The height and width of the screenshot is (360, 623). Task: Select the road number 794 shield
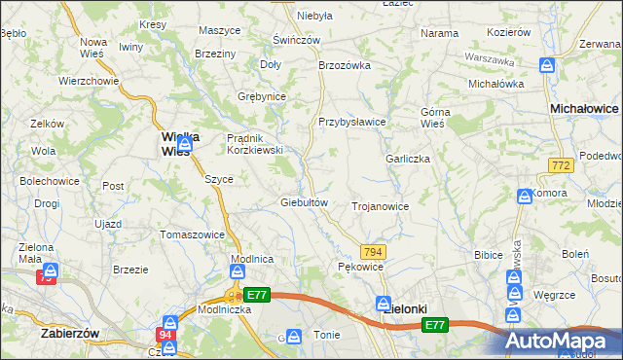374,252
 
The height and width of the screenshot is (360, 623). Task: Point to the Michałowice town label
585,110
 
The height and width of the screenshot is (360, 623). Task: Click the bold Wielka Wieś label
180,144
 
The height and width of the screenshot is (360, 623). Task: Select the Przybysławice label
352,122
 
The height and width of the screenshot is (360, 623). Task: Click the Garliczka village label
407,159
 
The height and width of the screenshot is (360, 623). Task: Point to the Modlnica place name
251,259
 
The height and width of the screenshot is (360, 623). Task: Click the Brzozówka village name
346,65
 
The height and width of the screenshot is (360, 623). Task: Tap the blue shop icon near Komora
525,195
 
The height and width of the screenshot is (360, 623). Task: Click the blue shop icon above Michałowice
548,66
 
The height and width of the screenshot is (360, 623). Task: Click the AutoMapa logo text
564,341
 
